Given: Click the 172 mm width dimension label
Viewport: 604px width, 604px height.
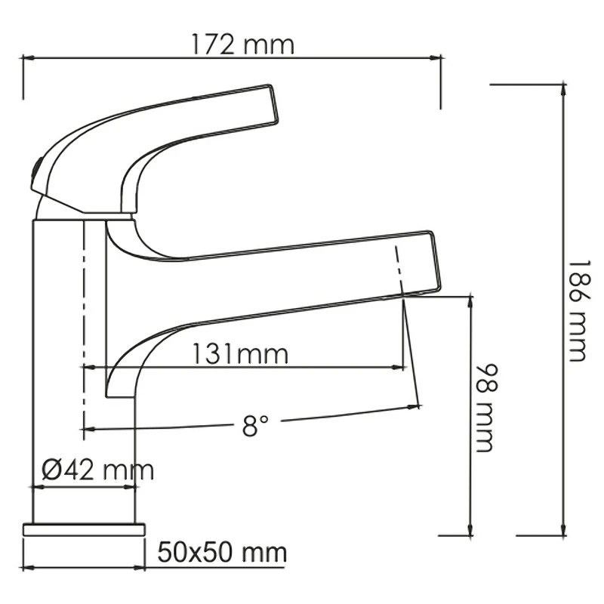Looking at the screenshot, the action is (x=242, y=45).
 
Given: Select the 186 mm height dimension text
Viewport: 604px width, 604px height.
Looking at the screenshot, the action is (x=578, y=310).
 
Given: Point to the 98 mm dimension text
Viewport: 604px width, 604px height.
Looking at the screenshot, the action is (x=487, y=408).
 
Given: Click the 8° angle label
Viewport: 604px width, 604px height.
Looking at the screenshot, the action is (x=255, y=425).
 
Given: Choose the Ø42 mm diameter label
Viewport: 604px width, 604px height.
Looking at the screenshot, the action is (x=98, y=470).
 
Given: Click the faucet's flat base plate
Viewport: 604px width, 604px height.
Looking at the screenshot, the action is (x=84, y=529).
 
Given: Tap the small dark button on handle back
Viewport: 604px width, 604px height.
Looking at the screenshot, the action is (x=35, y=173).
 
